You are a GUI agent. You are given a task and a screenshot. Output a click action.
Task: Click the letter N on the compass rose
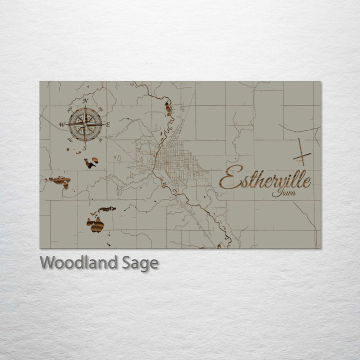click(x=85, y=101)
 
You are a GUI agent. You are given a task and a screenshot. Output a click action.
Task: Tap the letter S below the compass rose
click(x=85, y=148)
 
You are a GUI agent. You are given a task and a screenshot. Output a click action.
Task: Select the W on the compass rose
click(x=62, y=124)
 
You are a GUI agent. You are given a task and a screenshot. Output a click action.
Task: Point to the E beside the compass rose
click(x=107, y=123)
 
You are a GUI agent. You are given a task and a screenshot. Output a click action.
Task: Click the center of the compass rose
click(x=85, y=123)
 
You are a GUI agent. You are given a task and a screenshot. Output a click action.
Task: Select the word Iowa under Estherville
click(x=283, y=193)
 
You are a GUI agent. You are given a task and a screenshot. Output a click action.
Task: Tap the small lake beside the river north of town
click(x=168, y=108)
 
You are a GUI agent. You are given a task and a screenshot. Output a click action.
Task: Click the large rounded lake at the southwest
click(x=95, y=224)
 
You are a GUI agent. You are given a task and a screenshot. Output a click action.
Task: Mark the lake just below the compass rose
click(x=91, y=162)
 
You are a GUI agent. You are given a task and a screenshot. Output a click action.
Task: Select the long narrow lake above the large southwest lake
click(x=106, y=209)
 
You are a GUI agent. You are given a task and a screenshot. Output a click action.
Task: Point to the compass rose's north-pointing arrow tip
click(x=85, y=107)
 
